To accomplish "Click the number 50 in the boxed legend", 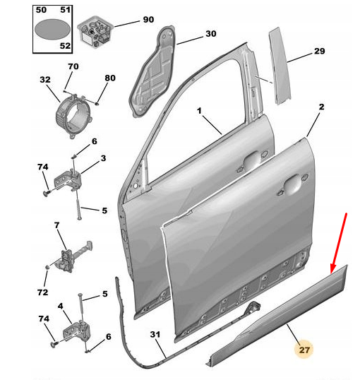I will coord(42,11).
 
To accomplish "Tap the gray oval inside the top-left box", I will coord(52,29).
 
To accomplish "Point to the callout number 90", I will coord(148,20).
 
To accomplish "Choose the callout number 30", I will coord(211,33).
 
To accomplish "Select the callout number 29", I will coord(319,52).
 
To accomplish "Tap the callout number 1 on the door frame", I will coord(199,111).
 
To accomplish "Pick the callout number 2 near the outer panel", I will coord(321,107).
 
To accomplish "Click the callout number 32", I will coord(46,80).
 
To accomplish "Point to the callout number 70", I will coord(73,66).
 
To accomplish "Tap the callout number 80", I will coord(109,78).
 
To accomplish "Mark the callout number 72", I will coord(42,292).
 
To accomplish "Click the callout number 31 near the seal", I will coord(155,335).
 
